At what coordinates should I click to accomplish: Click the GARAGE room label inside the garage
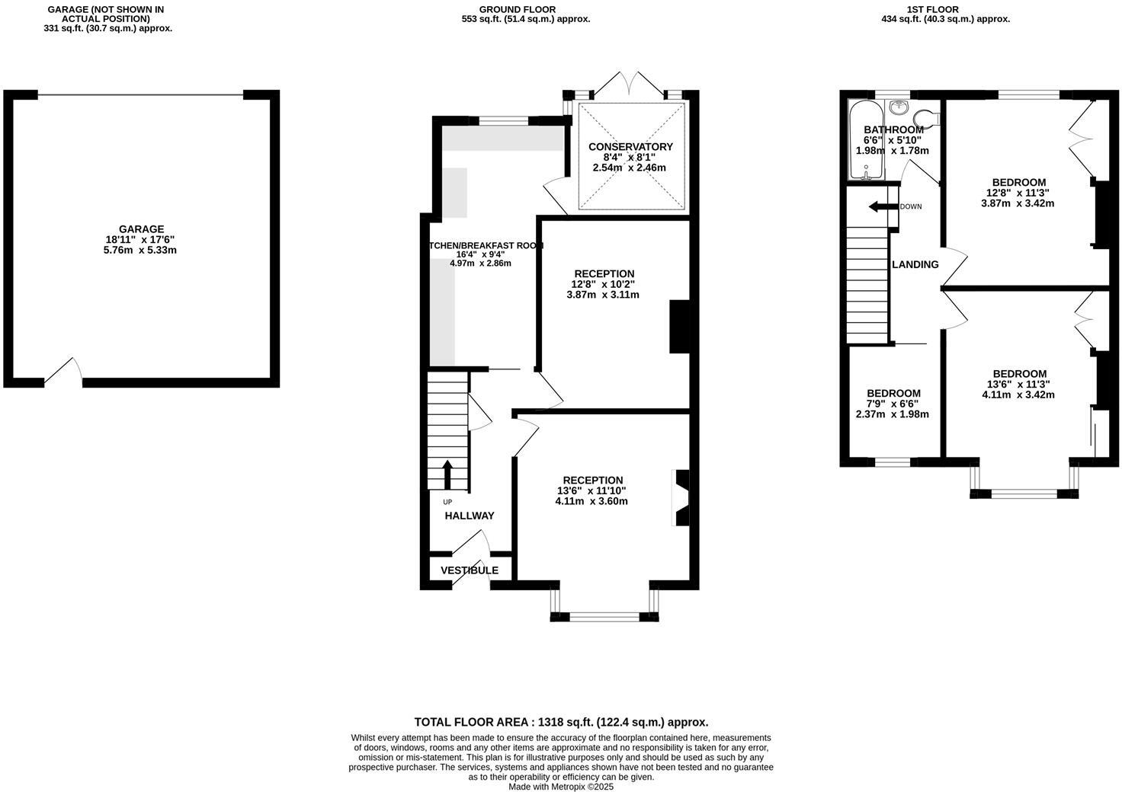[x=141, y=229]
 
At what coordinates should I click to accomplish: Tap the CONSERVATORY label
[x=630, y=147]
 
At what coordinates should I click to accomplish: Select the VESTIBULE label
[x=470, y=570]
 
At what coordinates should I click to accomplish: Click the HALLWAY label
[x=470, y=516]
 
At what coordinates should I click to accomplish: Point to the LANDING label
[x=915, y=265]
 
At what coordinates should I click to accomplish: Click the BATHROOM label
[x=893, y=130]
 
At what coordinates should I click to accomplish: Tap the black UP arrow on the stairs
[x=447, y=474]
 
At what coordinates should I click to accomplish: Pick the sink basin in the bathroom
[x=899, y=106]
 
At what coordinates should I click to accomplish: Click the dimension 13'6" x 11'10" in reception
[x=591, y=491]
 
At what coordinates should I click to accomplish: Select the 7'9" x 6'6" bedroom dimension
[x=893, y=404]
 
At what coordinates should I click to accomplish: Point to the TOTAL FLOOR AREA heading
[x=561, y=722]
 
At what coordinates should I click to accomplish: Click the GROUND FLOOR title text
[x=526, y=9]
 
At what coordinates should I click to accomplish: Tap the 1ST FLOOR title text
[x=940, y=9]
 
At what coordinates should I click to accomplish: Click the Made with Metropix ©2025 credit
[x=561, y=787]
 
